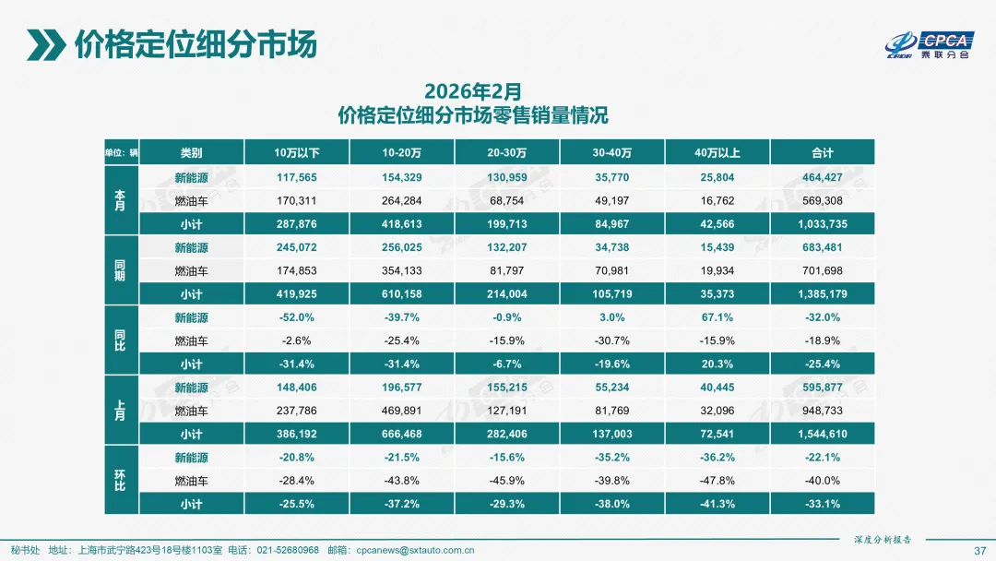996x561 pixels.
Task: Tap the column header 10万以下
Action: [x=297, y=153]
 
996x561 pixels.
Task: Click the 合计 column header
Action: [x=822, y=153]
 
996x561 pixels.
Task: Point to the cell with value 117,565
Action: [x=297, y=177]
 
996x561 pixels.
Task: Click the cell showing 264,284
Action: [x=402, y=200]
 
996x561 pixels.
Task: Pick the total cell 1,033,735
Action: [x=822, y=224]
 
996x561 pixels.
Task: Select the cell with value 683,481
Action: [x=822, y=247]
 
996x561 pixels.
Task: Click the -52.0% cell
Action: [x=297, y=317]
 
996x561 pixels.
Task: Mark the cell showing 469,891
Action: [x=402, y=411]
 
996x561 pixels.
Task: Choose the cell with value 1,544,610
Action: [x=822, y=434]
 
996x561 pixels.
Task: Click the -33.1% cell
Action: [x=822, y=504]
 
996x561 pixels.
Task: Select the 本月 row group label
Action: [x=120, y=200]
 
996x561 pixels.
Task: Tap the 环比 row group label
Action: [x=120, y=481]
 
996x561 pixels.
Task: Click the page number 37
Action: [x=979, y=551]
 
